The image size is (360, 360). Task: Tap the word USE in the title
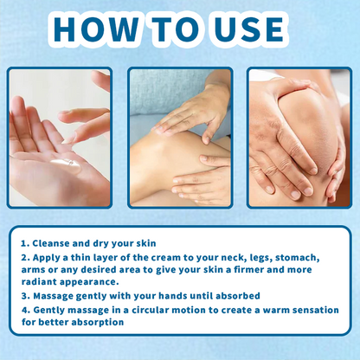(x=249, y=29)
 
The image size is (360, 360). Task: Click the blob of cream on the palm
(x=67, y=164)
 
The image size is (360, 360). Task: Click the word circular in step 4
(x=150, y=310)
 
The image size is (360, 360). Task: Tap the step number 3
(x=25, y=296)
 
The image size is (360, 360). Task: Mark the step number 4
(x=26, y=311)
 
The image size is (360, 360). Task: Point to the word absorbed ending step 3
(x=238, y=296)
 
